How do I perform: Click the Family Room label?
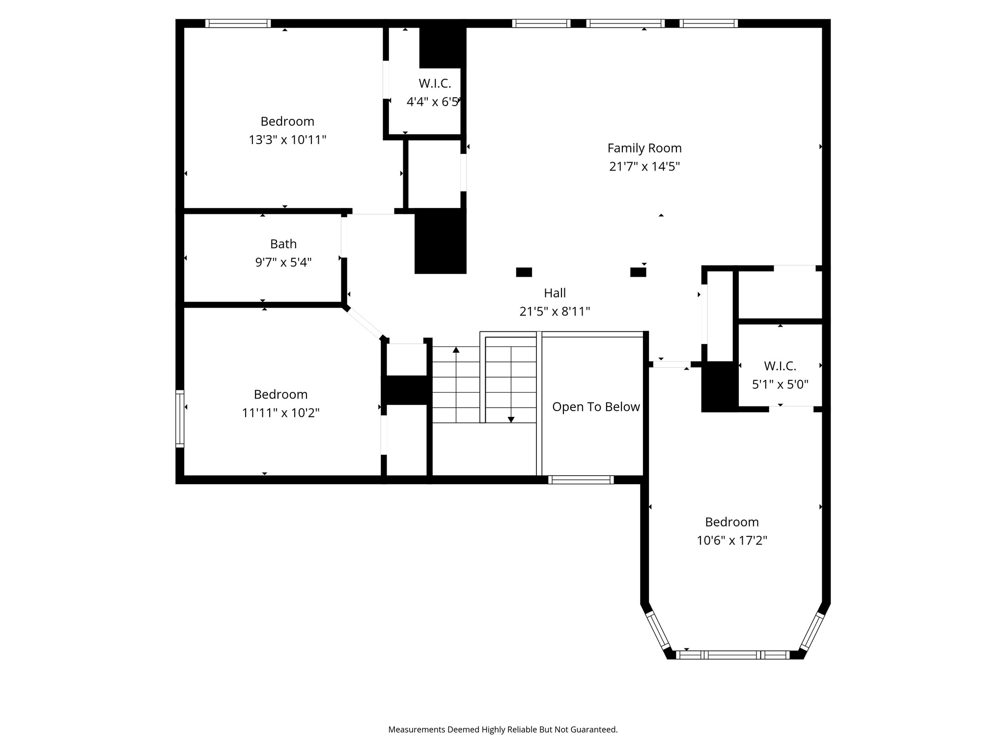point(644,148)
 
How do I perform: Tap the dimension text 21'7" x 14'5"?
point(644,167)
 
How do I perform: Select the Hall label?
point(555,293)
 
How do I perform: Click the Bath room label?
point(283,244)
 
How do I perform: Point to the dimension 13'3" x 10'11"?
point(287,140)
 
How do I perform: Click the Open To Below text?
point(596,407)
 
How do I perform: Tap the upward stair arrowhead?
point(456,350)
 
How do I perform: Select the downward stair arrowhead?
point(511,420)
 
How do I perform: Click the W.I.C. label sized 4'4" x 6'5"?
point(435,84)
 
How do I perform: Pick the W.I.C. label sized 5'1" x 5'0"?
point(780,366)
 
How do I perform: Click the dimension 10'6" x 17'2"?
point(732,541)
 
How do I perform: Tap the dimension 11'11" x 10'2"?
point(280,413)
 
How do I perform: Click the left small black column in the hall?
point(524,272)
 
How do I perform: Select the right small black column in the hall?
point(638,272)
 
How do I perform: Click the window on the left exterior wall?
point(180,419)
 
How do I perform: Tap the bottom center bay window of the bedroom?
point(732,655)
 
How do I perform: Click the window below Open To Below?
point(581,480)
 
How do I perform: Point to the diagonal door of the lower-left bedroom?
point(364,323)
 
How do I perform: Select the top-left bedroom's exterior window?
point(238,23)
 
